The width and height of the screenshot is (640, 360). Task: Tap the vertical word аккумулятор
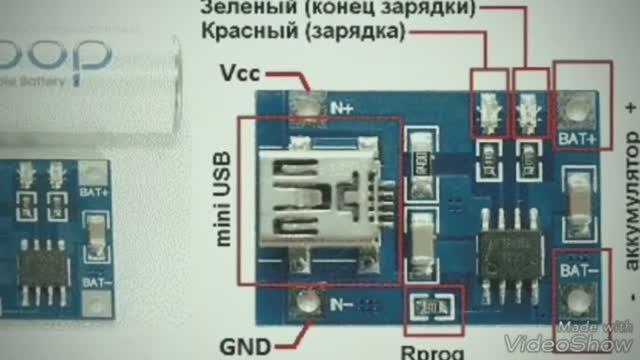click(628, 215)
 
